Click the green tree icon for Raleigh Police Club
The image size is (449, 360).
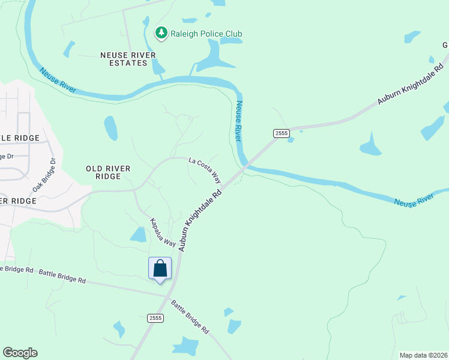click(161, 33)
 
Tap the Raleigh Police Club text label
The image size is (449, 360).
click(205, 34)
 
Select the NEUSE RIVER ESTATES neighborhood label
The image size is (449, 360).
click(128, 59)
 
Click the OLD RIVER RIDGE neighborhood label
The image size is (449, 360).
click(108, 173)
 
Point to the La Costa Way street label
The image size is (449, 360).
click(205, 171)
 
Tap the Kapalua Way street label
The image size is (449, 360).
click(163, 232)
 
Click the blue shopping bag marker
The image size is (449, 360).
click(160, 269)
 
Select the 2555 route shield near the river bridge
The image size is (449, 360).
click(281, 133)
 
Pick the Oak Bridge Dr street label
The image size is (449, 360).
click(43, 175)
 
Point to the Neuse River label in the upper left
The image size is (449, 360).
click(58, 80)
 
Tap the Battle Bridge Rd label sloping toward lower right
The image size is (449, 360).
click(190, 317)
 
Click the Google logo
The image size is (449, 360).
click(20, 353)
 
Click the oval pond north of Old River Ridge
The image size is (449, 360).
click(111, 128)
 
